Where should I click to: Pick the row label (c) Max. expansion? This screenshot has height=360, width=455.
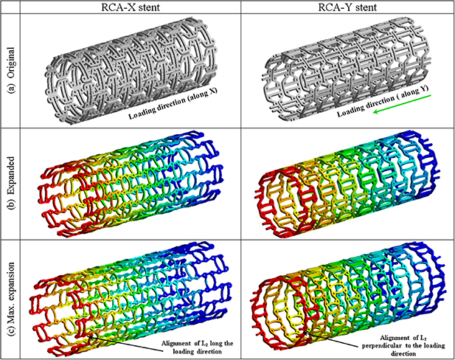point(13,293)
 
